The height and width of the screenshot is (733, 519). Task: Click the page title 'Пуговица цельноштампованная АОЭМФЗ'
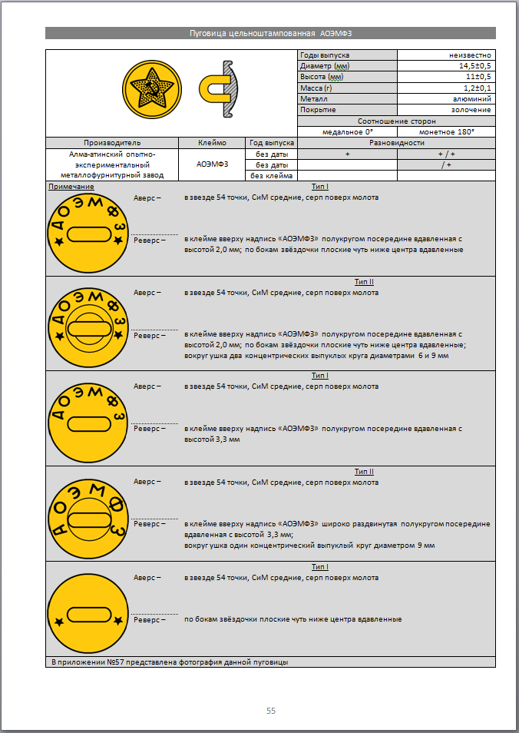tap(270, 33)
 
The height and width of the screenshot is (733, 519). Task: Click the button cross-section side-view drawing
tap(221, 91)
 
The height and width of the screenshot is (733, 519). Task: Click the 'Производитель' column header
tap(112, 143)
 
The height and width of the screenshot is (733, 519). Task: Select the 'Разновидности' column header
tap(397, 143)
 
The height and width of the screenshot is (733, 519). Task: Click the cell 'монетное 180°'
tap(446, 132)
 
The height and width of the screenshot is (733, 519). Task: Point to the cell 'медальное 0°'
tap(347, 132)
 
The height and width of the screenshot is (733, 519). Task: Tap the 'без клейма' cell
tap(271, 176)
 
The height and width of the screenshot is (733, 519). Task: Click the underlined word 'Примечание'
tap(71, 187)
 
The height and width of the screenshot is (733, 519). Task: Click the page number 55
tap(271, 711)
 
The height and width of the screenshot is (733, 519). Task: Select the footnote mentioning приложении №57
tap(174, 662)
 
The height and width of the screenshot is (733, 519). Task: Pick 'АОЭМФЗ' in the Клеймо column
tap(212, 164)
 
